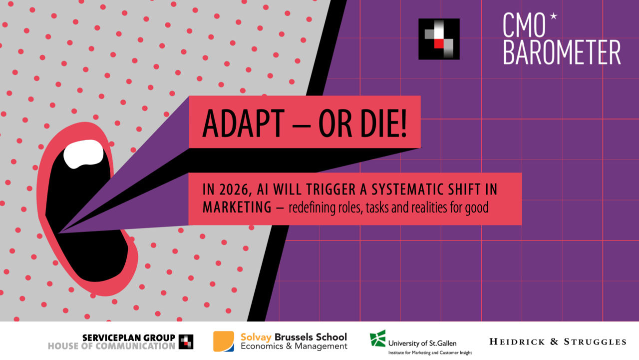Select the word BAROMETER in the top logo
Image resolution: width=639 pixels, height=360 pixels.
(562, 52)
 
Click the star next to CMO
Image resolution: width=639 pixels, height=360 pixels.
(553, 17)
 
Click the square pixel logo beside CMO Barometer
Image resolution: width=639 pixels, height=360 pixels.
(439, 39)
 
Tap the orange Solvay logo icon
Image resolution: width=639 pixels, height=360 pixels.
(224, 341)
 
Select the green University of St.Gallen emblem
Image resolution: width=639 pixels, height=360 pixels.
(377, 338)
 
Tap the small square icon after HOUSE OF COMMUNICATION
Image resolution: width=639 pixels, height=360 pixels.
(186, 341)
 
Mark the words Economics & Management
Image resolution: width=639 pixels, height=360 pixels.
(294, 346)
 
